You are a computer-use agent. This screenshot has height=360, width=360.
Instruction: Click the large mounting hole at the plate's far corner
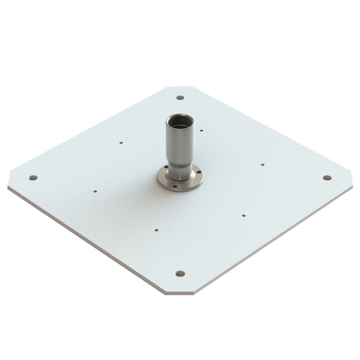tap(180, 98)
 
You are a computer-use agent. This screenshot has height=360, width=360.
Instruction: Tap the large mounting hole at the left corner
tap(33, 177)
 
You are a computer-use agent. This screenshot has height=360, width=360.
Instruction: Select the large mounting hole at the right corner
tap(327, 177)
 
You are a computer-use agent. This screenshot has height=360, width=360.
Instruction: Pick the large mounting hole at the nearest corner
tap(180, 273)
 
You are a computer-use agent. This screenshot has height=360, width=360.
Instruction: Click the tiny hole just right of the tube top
tap(201, 131)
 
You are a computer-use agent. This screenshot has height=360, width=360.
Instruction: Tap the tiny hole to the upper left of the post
tap(121, 142)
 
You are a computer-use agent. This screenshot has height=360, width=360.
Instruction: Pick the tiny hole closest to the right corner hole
tap(262, 165)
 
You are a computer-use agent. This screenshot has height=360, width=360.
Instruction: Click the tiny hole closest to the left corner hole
tap(95, 191)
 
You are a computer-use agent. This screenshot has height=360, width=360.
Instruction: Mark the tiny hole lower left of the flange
tap(157, 229)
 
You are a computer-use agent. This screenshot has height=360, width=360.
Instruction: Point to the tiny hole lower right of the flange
tap(244, 214)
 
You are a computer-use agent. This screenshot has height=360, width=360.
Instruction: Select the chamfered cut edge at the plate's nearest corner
tap(180, 292)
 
